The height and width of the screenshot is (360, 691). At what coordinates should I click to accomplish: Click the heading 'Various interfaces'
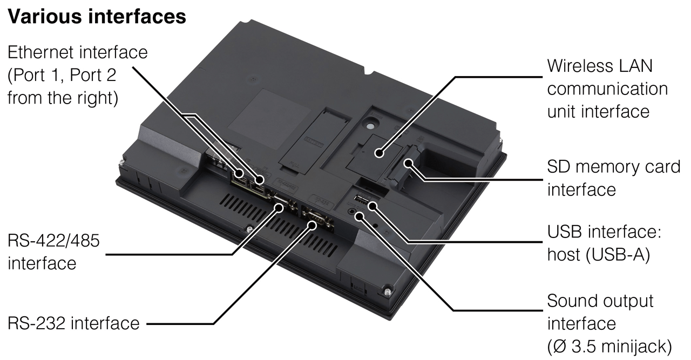point(98,16)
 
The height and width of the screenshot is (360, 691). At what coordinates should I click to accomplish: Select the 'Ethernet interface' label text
point(77,53)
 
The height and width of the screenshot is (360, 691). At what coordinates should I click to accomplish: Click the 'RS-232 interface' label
point(73,323)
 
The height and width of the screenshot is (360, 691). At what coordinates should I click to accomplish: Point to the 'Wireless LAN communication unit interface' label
point(607,89)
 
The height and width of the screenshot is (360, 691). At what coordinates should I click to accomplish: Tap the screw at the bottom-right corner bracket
point(387,292)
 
